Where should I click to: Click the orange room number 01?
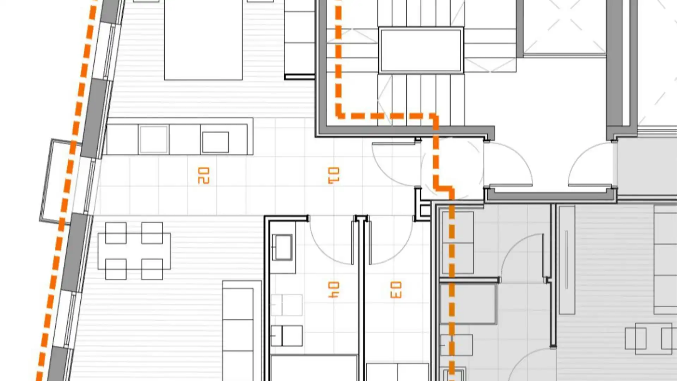click(x=334, y=175)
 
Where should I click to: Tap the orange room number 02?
click(x=203, y=175)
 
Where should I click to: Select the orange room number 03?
click(x=396, y=290)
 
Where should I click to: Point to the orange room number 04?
click(x=334, y=290)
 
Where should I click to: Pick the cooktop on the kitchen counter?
click(x=215, y=142)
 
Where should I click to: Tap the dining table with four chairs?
click(x=134, y=251)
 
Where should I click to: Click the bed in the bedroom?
click(x=203, y=40)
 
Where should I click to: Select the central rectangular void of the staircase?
click(x=421, y=50)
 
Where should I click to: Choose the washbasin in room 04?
click(x=282, y=247)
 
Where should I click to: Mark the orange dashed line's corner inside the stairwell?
click(x=340, y=115)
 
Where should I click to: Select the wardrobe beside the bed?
click(x=299, y=39)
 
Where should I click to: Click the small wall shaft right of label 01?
click(x=422, y=204)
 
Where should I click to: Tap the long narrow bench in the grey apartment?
click(x=567, y=260)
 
